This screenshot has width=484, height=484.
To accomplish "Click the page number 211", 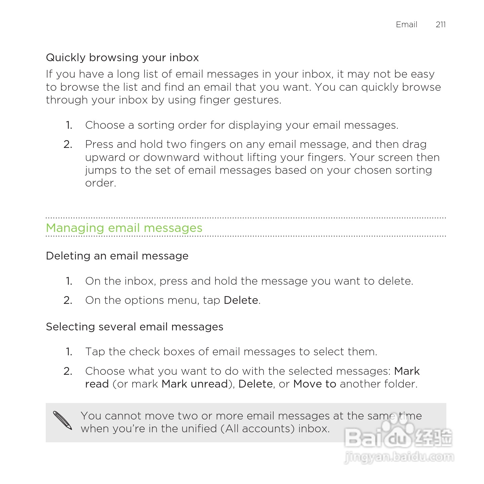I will pyautogui.click(x=440, y=25).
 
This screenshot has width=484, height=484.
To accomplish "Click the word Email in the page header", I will pyautogui.click(x=406, y=25).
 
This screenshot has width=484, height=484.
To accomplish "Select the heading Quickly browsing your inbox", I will pyautogui.click(x=122, y=57).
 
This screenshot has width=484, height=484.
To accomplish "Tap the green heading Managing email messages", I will pyautogui.click(x=124, y=228).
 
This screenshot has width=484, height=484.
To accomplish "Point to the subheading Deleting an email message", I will pyautogui.click(x=117, y=256).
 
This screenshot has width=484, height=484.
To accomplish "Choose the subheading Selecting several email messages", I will pyautogui.click(x=134, y=327).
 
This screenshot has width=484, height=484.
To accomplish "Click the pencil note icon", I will pyautogui.click(x=63, y=420).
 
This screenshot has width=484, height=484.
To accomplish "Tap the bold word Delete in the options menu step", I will pyautogui.click(x=241, y=300).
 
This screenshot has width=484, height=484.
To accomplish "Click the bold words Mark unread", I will pyautogui.click(x=195, y=384).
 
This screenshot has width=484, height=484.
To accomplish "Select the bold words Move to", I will pyautogui.click(x=315, y=384).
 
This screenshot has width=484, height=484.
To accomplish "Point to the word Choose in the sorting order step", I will pyautogui.click(x=105, y=125).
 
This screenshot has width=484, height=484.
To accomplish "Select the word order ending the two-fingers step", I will pyautogui.click(x=100, y=183).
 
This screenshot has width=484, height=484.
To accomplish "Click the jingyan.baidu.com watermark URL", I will pyautogui.click(x=399, y=457).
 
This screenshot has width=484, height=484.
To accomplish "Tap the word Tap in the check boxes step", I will pyautogui.click(x=95, y=352).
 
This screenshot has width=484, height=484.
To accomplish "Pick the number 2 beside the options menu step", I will pyautogui.click(x=68, y=300).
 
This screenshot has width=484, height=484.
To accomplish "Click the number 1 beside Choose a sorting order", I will pyautogui.click(x=69, y=125).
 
